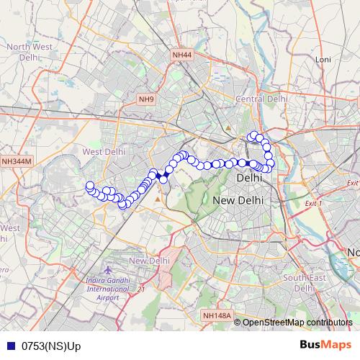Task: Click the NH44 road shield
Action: tap(182, 55)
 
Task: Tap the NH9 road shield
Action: tap(147, 99)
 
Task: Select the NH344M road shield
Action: tap(17, 162)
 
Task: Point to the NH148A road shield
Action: tap(216, 315)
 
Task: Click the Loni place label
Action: tap(322, 59)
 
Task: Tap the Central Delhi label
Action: tap(262, 99)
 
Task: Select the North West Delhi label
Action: tap(29, 52)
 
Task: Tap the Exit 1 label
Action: tap(312, 204)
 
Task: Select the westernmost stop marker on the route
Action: tap(90, 186)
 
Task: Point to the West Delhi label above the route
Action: tap(104, 152)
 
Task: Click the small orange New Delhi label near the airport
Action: tap(149, 260)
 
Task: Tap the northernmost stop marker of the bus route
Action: tap(253, 135)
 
